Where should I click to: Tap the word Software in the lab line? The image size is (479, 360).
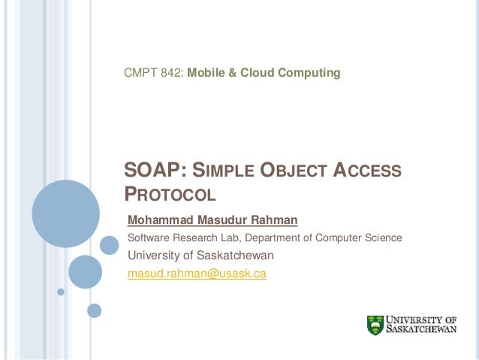point(149,238)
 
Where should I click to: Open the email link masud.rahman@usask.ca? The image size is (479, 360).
point(197,274)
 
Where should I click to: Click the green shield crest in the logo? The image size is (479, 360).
point(375,325)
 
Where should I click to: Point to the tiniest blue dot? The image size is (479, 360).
point(61,291)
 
